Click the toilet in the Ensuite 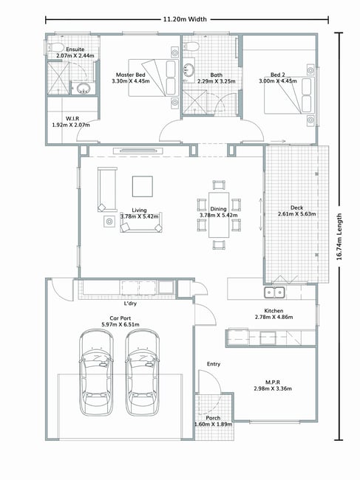[x=55, y=48]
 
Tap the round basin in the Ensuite [x=83, y=89]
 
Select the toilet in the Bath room [x=191, y=46]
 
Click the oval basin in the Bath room [x=189, y=69]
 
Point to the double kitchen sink [x=274, y=292]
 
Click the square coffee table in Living [x=143, y=186]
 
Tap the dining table [x=219, y=215]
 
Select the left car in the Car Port [x=96, y=372]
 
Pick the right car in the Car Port [x=143, y=372]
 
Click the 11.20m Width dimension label [x=185, y=19]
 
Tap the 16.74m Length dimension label [x=339, y=236]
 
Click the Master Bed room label [x=131, y=75]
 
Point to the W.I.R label [x=72, y=118]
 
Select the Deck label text [x=296, y=208]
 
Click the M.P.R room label [x=273, y=382]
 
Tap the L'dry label [x=130, y=304]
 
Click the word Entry [x=214, y=364]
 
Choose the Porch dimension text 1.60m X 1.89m [x=213, y=425]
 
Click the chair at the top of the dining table [x=219, y=185]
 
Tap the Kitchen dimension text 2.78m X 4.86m [x=274, y=317]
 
